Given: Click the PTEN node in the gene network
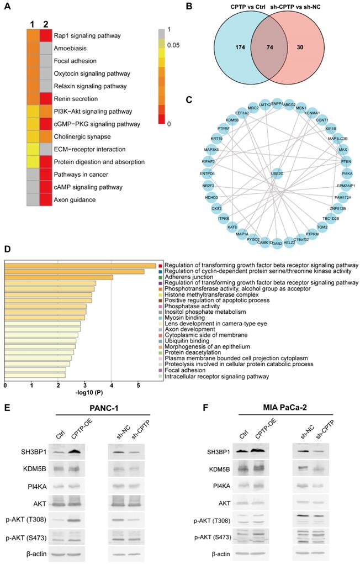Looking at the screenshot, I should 346,161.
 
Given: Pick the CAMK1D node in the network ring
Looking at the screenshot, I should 264,241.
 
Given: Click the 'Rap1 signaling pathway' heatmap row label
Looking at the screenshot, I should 87,36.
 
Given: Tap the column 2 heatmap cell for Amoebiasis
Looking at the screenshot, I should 46,49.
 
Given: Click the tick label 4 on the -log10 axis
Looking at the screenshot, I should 112,384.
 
